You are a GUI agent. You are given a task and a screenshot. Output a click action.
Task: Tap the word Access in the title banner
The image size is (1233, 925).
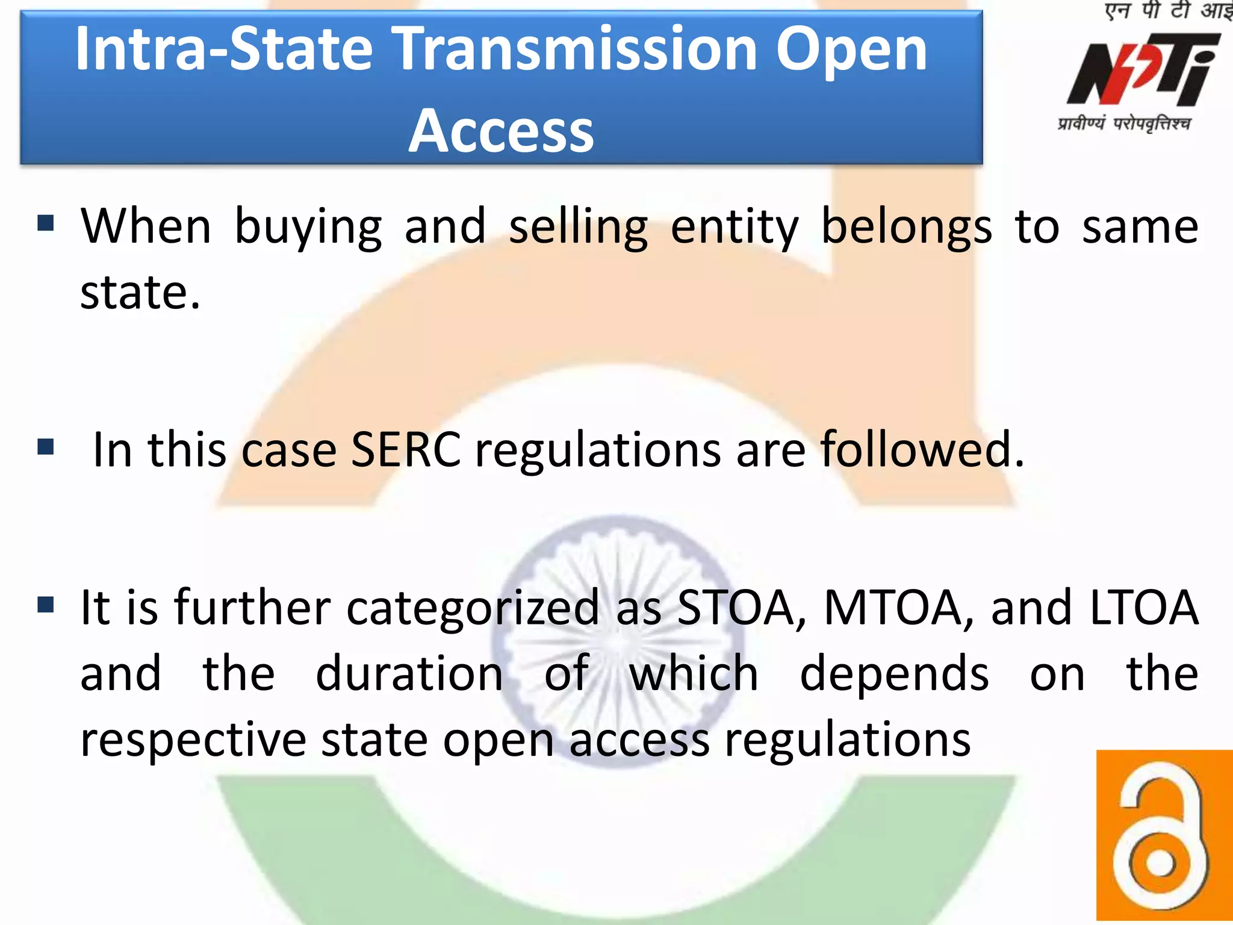(501, 131)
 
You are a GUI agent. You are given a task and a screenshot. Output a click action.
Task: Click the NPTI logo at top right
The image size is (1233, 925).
(1143, 69)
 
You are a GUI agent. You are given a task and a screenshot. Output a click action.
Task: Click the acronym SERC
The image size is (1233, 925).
(405, 450)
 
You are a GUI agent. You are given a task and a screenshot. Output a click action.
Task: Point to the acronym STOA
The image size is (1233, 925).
(741, 608)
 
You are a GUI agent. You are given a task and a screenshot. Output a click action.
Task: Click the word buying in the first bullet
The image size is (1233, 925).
(308, 228)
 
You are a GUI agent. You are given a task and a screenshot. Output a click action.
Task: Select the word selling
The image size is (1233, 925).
(578, 228)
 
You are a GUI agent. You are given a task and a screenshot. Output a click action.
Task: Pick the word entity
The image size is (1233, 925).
(734, 228)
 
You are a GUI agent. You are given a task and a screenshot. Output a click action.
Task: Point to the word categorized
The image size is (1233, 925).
(473, 608)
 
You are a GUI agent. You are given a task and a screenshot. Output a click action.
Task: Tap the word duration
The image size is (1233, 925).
(409, 673)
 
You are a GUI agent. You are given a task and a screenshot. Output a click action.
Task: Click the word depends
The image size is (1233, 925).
(894, 673)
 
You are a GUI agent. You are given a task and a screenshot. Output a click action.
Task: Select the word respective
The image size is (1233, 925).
(193, 740)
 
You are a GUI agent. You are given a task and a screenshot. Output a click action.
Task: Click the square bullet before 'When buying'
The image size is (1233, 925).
(46, 223)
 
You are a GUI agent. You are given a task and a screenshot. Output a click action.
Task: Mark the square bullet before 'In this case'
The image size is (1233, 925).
(46, 447)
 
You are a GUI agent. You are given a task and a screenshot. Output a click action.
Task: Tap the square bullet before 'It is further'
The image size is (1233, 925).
(46, 604)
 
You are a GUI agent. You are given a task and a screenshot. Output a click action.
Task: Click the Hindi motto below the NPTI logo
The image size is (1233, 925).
(1124, 124)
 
